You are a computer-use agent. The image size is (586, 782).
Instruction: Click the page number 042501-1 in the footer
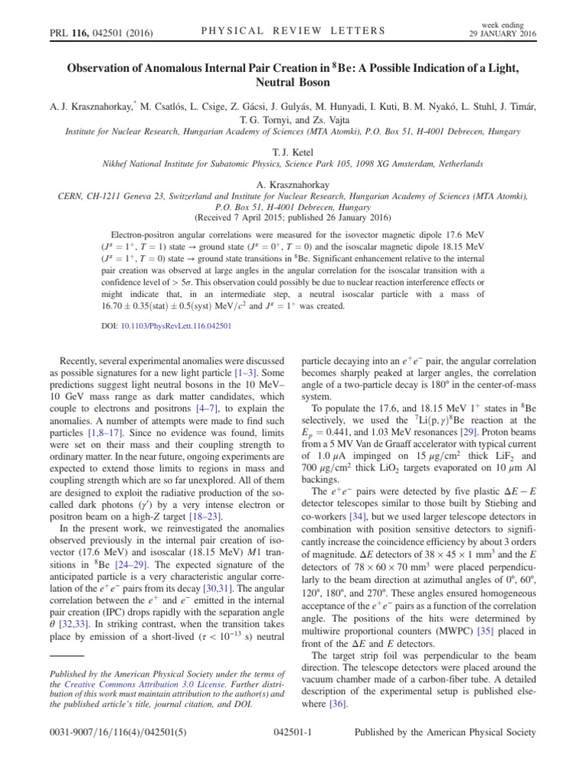pos(294,752)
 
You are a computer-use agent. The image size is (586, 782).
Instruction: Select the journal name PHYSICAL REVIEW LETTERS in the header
pos(292,31)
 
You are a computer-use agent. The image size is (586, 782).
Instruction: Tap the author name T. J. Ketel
pos(293,152)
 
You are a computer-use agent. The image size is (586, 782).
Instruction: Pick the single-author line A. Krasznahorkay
pos(293,184)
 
